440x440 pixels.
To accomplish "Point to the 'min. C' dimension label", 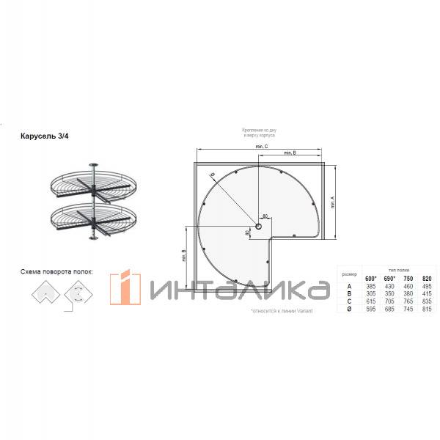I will pyautogui.click(x=262, y=147).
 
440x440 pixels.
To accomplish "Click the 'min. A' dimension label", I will pyautogui.click(x=332, y=202).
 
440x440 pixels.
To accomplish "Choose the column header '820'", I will pyautogui.click(x=428, y=278).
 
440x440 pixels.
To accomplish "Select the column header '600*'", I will pyautogui.click(x=370, y=278).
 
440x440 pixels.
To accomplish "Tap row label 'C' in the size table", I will pyautogui.click(x=349, y=301).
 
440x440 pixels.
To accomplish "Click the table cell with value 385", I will pyautogui.click(x=370, y=286).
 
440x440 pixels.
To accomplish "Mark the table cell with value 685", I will pyautogui.click(x=389, y=309).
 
